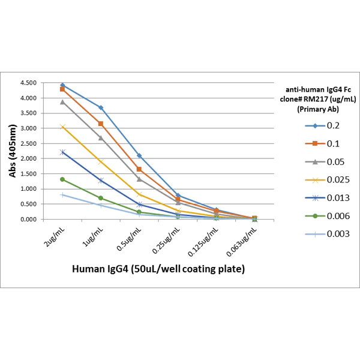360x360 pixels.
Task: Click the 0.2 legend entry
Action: point(323,125)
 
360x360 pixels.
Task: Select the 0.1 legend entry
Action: point(323,143)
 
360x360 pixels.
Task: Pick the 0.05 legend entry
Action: point(325,161)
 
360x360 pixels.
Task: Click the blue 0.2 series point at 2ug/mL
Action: point(62,85)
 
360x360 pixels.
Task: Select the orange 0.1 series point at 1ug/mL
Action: point(101,124)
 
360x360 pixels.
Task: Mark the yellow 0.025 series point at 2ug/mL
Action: point(62,127)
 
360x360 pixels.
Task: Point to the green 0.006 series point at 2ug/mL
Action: point(62,179)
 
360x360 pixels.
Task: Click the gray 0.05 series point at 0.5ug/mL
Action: point(139,179)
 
